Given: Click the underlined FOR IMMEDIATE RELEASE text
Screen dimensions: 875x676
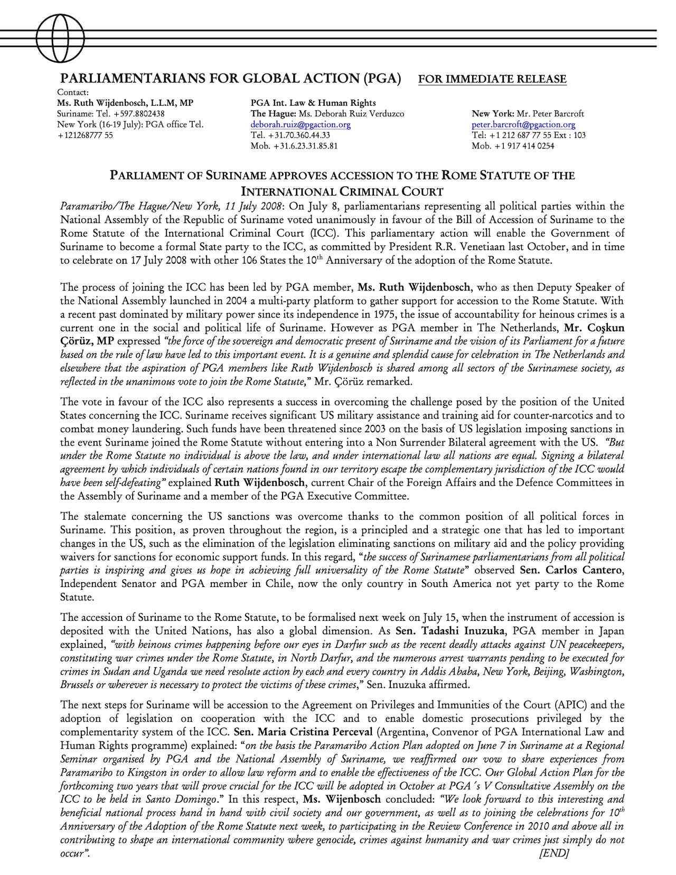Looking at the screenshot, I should tap(492, 79).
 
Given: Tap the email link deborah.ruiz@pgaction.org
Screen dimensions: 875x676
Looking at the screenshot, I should tap(301, 125).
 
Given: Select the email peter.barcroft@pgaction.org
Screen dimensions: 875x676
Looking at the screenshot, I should tap(523, 125).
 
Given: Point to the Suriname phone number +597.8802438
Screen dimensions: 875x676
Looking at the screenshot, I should tap(131, 114).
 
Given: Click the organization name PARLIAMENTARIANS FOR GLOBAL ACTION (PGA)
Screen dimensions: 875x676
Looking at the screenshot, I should tap(231, 79).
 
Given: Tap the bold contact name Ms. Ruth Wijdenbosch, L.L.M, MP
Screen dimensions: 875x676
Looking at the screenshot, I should tap(125, 103).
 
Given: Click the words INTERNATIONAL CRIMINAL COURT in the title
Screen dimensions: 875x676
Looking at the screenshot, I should tap(342, 191).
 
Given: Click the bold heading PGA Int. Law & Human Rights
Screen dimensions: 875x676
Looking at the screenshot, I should tap(313, 103).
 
